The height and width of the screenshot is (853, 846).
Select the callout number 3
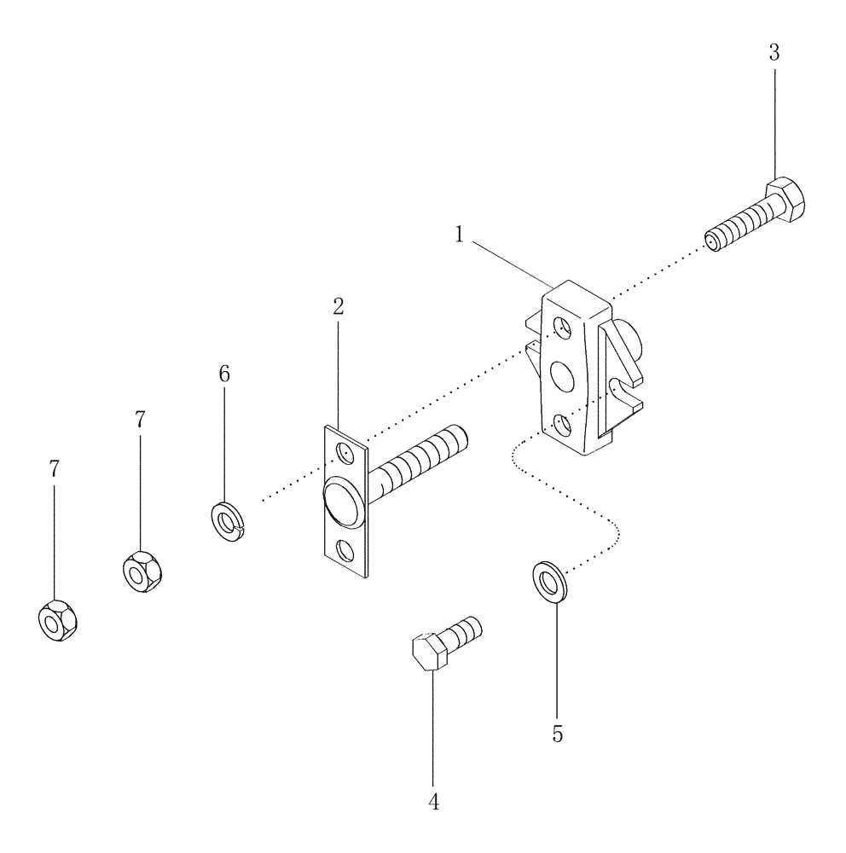click(774, 52)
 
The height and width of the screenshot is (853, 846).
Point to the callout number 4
click(433, 803)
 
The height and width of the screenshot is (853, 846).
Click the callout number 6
click(224, 374)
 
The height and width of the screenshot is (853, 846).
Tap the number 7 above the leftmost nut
click(55, 468)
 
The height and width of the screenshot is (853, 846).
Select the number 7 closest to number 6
click(140, 419)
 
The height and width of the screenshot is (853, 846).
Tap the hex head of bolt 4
click(430, 654)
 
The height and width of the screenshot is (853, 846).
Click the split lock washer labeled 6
click(227, 519)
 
